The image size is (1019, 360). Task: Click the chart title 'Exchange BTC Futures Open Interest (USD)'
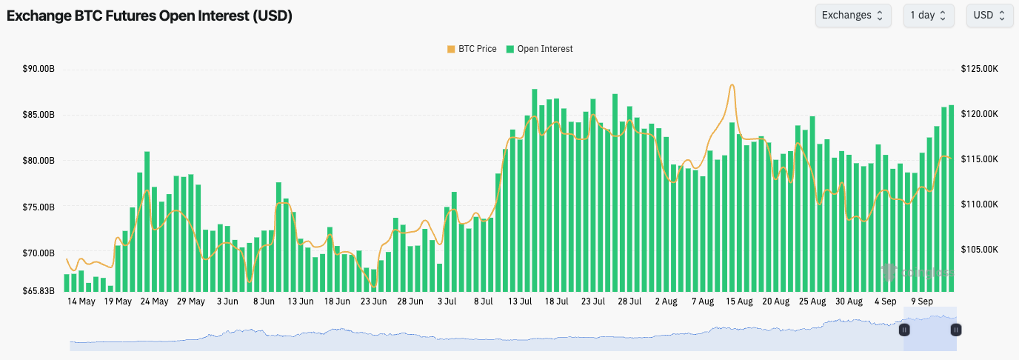(149, 16)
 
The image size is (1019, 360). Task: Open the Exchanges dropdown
(852, 16)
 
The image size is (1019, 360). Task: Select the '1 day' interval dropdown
(928, 16)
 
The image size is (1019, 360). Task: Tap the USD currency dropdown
(989, 16)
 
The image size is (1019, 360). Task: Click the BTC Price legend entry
(472, 49)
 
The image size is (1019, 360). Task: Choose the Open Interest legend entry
(540, 49)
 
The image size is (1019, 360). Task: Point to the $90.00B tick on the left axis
(39, 69)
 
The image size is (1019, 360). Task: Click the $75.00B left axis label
(39, 207)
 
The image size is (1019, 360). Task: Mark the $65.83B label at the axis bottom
(39, 290)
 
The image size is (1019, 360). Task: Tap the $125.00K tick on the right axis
(979, 69)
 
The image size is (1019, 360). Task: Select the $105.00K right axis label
(979, 250)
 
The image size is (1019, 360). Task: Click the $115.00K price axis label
(979, 159)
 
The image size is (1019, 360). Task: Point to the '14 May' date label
(81, 301)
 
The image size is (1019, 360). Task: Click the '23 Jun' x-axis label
(374, 301)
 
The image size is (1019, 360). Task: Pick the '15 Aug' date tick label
(739, 301)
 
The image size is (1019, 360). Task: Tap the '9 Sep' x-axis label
(922, 301)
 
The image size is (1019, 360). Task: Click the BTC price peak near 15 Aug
(732, 85)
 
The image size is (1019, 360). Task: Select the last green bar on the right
(951, 198)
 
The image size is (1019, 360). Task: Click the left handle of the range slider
(903, 330)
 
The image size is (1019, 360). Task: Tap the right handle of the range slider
(956, 330)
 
